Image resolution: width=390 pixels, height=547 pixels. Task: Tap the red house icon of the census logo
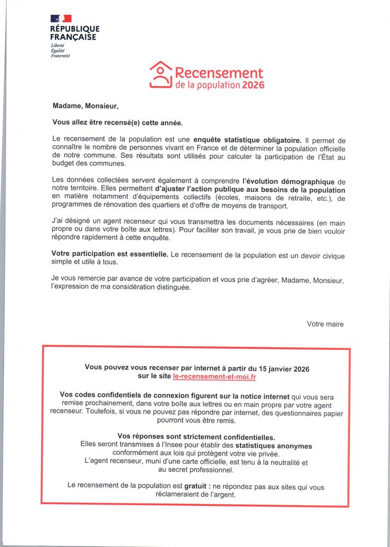click(x=161, y=74)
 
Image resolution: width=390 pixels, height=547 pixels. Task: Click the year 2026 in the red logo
click(x=253, y=85)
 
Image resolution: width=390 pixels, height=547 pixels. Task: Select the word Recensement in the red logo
click(x=219, y=73)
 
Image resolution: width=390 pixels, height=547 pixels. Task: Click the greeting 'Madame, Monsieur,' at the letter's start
click(x=85, y=106)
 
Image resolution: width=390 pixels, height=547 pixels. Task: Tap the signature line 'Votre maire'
click(x=325, y=324)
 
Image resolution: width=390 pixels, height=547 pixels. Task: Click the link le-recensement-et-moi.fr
click(x=214, y=377)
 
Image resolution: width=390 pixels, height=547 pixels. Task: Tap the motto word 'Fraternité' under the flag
click(x=60, y=56)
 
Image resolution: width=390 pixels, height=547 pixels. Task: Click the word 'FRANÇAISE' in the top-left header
click(x=73, y=37)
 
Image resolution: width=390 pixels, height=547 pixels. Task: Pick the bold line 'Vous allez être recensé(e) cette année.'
click(x=117, y=123)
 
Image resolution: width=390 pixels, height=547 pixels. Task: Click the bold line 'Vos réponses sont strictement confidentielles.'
click(x=196, y=437)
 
